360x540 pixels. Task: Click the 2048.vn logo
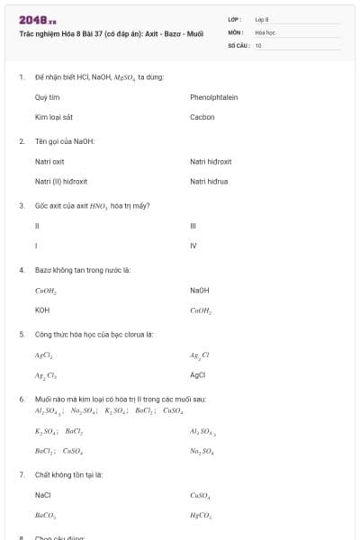(x=37, y=19)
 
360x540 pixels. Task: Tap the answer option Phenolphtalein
(x=213, y=97)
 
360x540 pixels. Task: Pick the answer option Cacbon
(x=202, y=117)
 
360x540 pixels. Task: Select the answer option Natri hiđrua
(x=209, y=182)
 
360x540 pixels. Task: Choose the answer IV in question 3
(x=193, y=246)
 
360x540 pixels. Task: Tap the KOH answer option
(x=42, y=310)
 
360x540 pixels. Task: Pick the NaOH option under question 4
(x=199, y=290)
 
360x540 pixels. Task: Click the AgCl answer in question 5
(x=198, y=374)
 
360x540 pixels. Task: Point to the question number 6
(x=22, y=398)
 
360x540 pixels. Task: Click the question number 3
(x=22, y=205)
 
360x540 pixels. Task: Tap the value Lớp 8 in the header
(x=262, y=19)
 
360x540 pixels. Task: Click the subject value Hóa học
(x=265, y=31)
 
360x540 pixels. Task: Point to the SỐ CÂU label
(x=238, y=44)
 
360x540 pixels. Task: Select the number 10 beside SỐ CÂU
(x=258, y=44)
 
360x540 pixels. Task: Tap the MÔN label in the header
(x=236, y=31)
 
